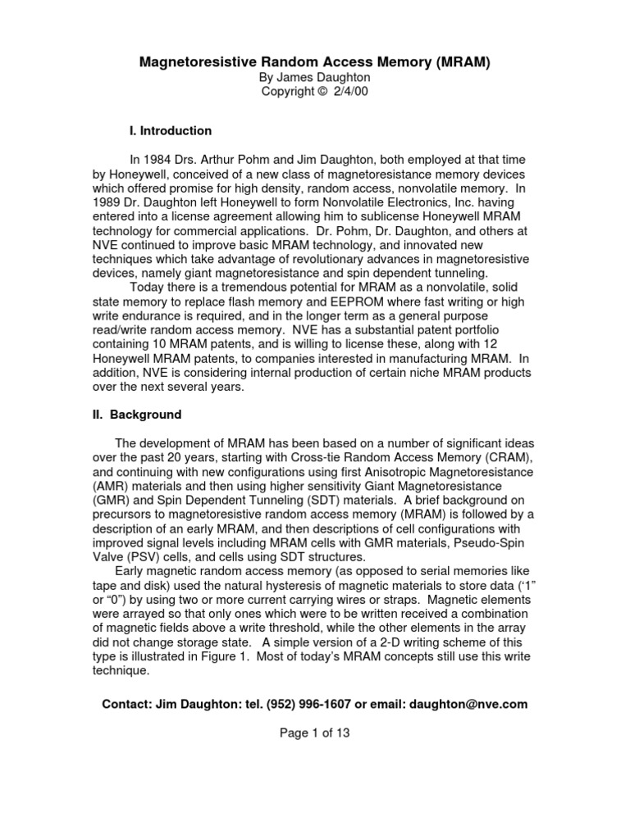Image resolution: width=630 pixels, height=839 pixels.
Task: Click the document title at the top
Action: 315,61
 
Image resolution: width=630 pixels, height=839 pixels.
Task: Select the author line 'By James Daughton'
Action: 315,76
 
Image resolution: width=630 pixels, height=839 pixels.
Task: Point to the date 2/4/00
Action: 350,91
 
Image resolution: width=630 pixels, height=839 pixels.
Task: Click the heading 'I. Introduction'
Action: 171,130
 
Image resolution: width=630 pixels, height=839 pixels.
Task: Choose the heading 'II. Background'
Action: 137,415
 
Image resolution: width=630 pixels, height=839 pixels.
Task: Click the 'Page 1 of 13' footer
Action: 315,733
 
